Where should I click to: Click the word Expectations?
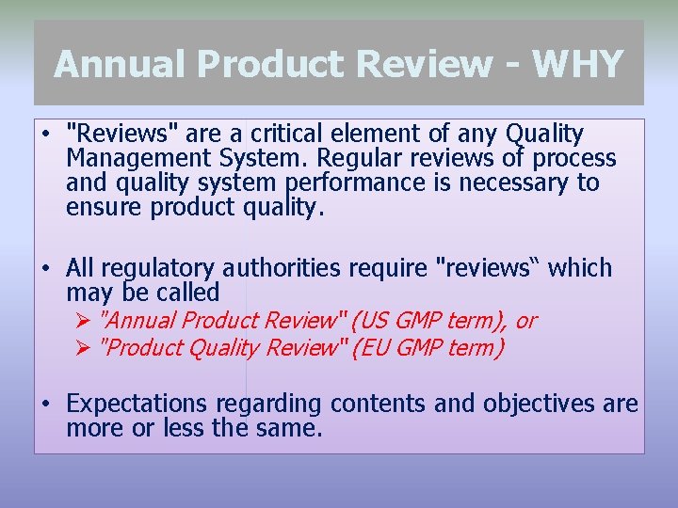[x=137, y=405]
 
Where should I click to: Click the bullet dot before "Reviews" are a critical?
[x=45, y=135]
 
